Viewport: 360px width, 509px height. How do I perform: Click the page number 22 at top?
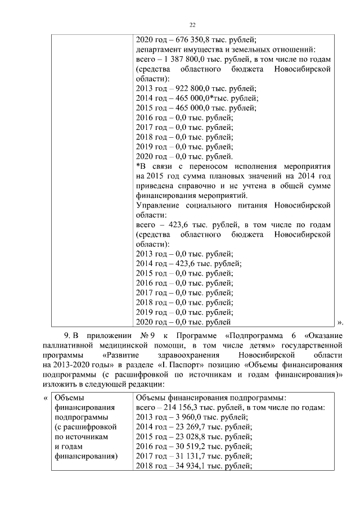click(192, 25)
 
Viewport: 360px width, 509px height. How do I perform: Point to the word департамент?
click(160, 49)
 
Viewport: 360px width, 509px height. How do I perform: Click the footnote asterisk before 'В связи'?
click(138, 166)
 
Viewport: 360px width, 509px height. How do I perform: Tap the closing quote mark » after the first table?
click(339, 322)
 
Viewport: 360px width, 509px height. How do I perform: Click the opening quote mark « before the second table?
click(46, 397)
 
